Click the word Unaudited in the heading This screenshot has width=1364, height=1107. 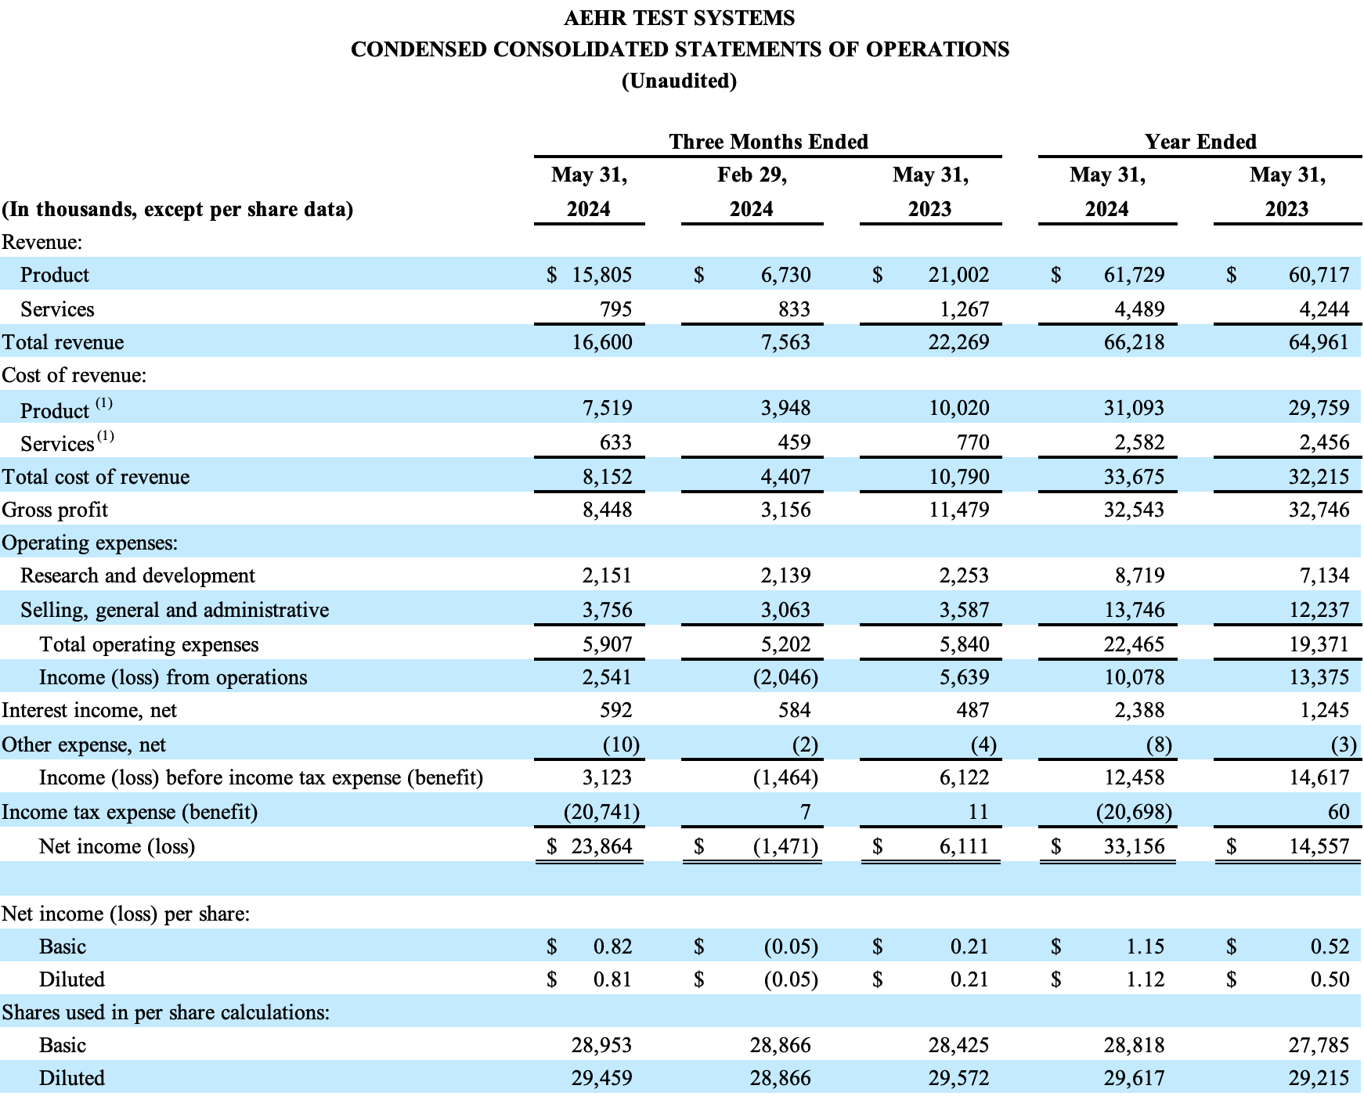679,81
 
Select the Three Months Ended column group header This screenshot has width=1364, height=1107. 768,142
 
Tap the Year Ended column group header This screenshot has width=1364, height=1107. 1200,142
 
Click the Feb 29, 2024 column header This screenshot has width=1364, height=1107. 752,192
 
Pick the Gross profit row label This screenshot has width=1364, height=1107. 55,510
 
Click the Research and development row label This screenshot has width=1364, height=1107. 138,575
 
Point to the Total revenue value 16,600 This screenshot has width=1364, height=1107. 602,342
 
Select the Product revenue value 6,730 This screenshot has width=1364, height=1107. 785,275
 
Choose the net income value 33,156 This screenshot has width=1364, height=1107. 1134,846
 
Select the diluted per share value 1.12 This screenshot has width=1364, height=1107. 1145,979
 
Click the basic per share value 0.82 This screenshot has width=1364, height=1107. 612,947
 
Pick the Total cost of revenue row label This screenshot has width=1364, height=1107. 96,477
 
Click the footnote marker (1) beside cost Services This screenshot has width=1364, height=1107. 106,437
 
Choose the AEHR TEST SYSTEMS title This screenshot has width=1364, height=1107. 679,18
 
